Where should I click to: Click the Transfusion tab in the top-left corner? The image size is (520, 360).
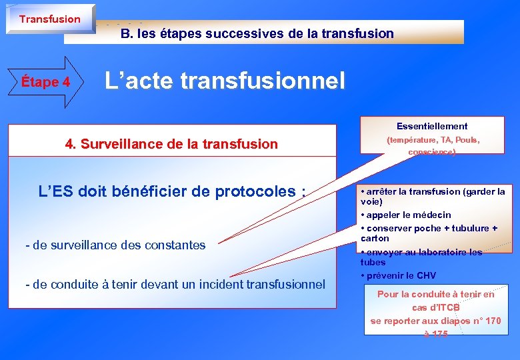pos(49,19)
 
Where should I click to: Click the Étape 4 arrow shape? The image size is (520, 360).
pos(45,83)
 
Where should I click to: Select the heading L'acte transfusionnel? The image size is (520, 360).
pos(225,81)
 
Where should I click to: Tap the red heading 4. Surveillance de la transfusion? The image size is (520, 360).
pos(171,143)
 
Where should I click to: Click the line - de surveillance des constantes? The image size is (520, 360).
pos(115,245)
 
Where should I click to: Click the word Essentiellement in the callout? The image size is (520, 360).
pos(432,126)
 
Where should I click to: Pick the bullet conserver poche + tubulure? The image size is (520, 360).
pos(427,228)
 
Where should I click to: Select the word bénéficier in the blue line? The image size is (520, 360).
pos(157,191)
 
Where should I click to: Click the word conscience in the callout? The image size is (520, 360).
pos(431,153)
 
